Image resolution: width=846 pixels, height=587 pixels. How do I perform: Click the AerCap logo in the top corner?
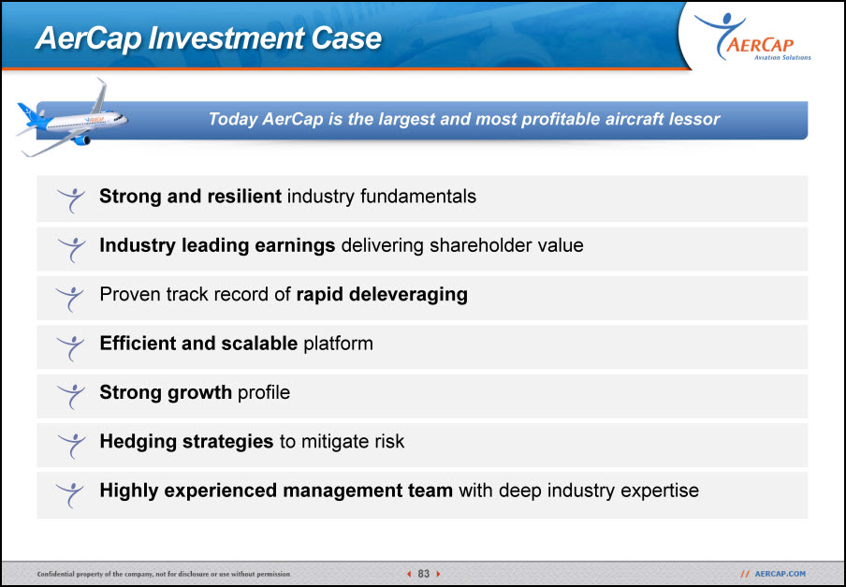pyautogui.click(x=752, y=37)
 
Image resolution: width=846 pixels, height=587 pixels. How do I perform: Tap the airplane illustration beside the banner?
pyautogui.click(x=72, y=120)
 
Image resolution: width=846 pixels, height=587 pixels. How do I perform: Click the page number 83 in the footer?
pyautogui.click(x=424, y=574)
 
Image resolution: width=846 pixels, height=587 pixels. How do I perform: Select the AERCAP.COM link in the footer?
pyautogui.click(x=780, y=574)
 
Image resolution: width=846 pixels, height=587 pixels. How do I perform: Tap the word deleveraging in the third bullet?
pyautogui.click(x=408, y=295)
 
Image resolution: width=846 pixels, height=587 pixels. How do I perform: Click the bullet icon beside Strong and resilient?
pyautogui.click(x=71, y=199)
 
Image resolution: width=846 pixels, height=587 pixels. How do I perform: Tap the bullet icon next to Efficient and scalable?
pyautogui.click(x=71, y=347)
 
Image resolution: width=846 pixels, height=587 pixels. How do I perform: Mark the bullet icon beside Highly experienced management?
pyautogui.click(x=71, y=494)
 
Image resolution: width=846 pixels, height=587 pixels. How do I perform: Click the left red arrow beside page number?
pyautogui.click(x=409, y=574)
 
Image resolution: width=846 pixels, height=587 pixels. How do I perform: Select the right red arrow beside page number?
pyautogui.click(x=438, y=574)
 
